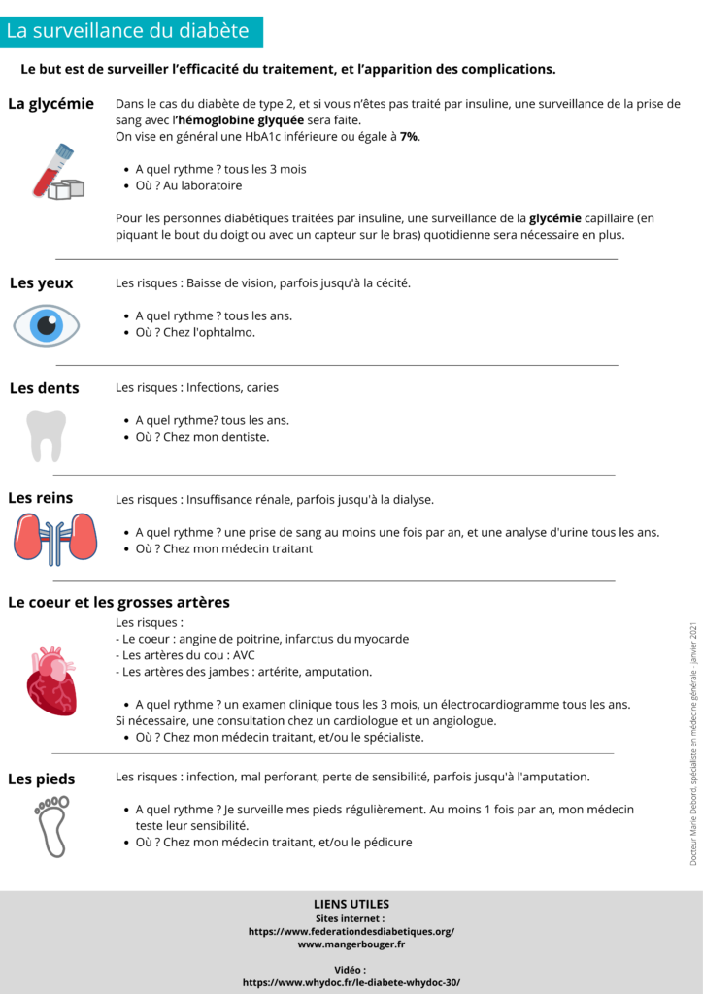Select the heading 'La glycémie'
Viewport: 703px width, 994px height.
click(x=50, y=104)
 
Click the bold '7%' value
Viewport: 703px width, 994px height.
click(x=409, y=137)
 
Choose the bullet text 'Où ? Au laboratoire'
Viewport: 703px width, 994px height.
click(x=188, y=185)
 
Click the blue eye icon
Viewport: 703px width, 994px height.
click(x=46, y=326)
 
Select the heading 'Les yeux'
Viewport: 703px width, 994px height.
click(x=41, y=283)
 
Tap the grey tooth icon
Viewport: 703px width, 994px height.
click(x=46, y=434)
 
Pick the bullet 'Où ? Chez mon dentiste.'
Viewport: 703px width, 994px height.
click(x=202, y=437)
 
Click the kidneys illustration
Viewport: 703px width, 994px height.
click(x=55, y=538)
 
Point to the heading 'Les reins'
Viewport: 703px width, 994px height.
click(x=41, y=498)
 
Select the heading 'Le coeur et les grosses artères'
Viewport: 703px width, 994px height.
click(x=118, y=602)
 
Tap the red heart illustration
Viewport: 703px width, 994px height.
click(x=50, y=679)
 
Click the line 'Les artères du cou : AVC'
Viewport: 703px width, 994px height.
click(x=184, y=655)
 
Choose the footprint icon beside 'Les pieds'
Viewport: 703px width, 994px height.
click(x=50, y=825)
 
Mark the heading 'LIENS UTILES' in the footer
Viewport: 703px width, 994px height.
click(x=351, y=904)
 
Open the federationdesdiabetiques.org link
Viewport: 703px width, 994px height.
click(x=351, y=931)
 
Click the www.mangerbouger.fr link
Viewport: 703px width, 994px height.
click(x=351, y=944)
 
